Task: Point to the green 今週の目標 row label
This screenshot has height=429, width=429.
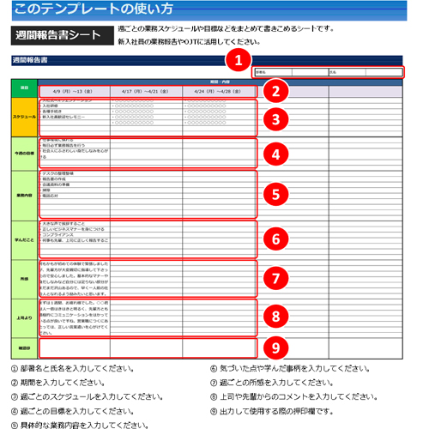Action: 24,153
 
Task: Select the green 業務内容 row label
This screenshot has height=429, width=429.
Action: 24,195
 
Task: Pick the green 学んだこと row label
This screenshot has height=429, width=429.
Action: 24,238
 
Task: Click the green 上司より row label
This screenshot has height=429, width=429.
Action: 24,317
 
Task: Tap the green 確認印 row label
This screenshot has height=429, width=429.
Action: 24,348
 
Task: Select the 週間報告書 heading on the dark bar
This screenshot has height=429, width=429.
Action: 30,61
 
